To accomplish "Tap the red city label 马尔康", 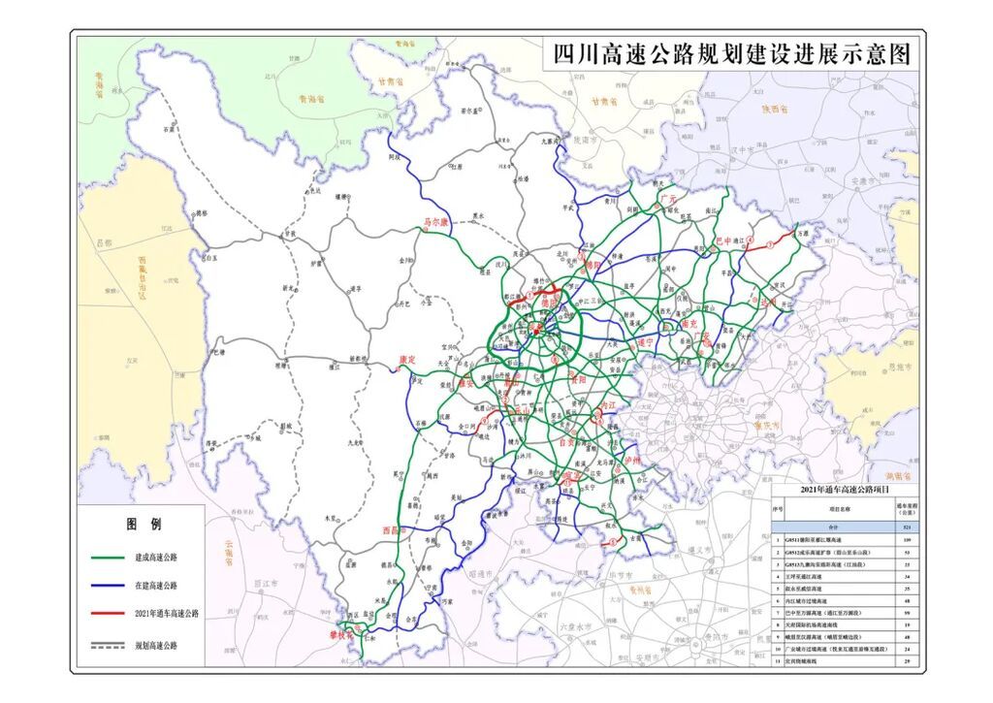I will pyautogui.click(x=436, y=222).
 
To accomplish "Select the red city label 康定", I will pyautogui.click(x=408, y=360).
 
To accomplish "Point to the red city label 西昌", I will pyautogui.click(x=392, y=530).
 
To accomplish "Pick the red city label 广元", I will pyautogui.click(x=668, y=198).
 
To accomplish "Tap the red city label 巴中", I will pyautogui.click(x=724, y=240).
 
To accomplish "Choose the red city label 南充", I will pyautogui.click(x=690, y=323).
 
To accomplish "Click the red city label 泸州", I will pyautogui.click(x=632, y=462).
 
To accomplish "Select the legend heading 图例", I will pyautogui.click(x=143, y=525).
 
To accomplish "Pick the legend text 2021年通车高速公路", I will pyautogui.click(x=167, y=614).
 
